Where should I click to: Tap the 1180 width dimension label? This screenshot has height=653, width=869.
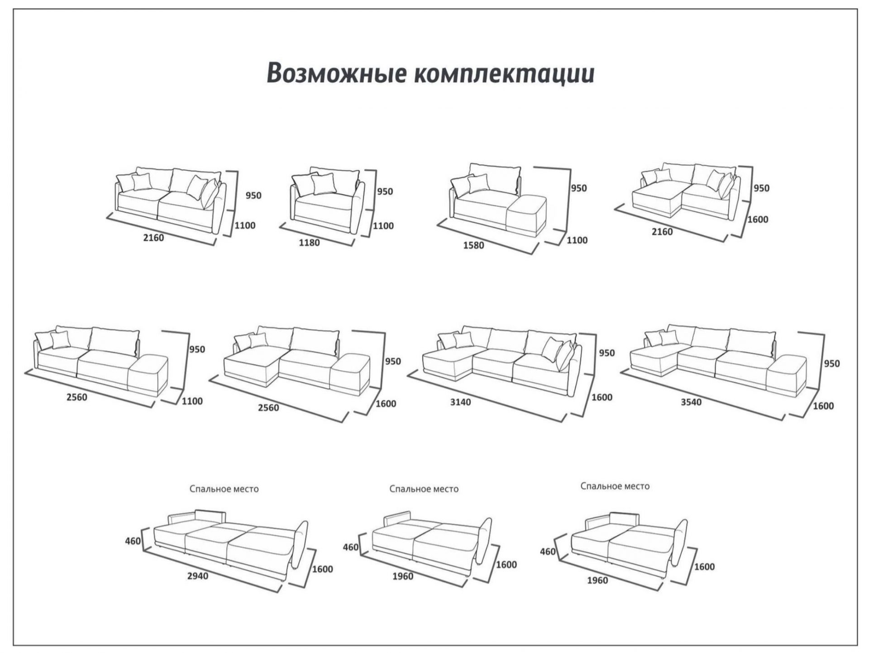pyautogui.click(x=309, y=243)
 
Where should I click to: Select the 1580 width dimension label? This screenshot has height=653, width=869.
pyautogui.click(x=473, y=245)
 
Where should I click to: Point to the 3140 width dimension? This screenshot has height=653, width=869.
pyautogui.click(x=460, y=402)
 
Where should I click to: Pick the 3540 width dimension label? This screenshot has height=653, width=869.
pyautogui.click(x=691, y=402)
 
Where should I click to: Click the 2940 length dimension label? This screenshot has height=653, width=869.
pyautogui.click(x=198, y=576)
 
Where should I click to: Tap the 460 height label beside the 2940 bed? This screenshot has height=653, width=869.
pyautogui.click(x=133, y=541)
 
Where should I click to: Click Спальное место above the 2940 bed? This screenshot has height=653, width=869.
pyautogui.click(x=224, y=489)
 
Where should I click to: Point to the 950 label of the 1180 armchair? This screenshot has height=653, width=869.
pyautogui.click(x=385, y=192)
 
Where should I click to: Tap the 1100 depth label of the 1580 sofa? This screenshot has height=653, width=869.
pyautogui.click(x=577, y=240)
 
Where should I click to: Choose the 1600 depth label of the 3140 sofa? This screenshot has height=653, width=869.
pyautogui.click(x=602, y=397)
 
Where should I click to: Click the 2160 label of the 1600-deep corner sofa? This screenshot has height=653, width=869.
pyautogui.click(x=662, y=232)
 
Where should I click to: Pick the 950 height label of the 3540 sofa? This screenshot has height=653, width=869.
pyautogui.click(x=832, y=363)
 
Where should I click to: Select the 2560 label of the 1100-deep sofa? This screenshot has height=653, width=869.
pyautogui.click(x=76, y=397)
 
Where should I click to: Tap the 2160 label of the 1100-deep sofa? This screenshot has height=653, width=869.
pyautogui.click(x=153, y=238)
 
